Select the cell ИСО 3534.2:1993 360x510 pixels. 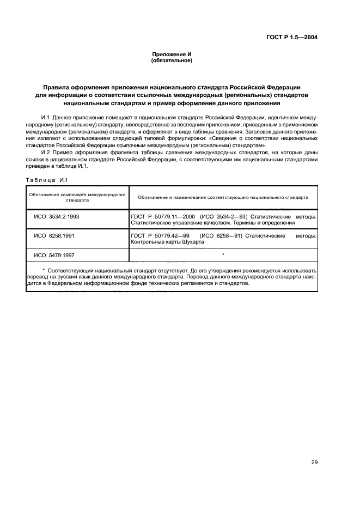[x=57, y=216]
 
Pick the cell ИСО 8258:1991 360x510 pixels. [x=54, y=235]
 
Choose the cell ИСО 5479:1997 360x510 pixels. [x=54, y=254]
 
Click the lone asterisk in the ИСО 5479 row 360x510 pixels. [x=223, y=254]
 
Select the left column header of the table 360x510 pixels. [x=77, y=197]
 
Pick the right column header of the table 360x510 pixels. [x=223, y=197]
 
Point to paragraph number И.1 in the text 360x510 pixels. [x=46, y=117]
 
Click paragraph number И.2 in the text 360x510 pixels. [x=46, y=153]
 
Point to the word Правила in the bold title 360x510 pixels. [x=57, y=87]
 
